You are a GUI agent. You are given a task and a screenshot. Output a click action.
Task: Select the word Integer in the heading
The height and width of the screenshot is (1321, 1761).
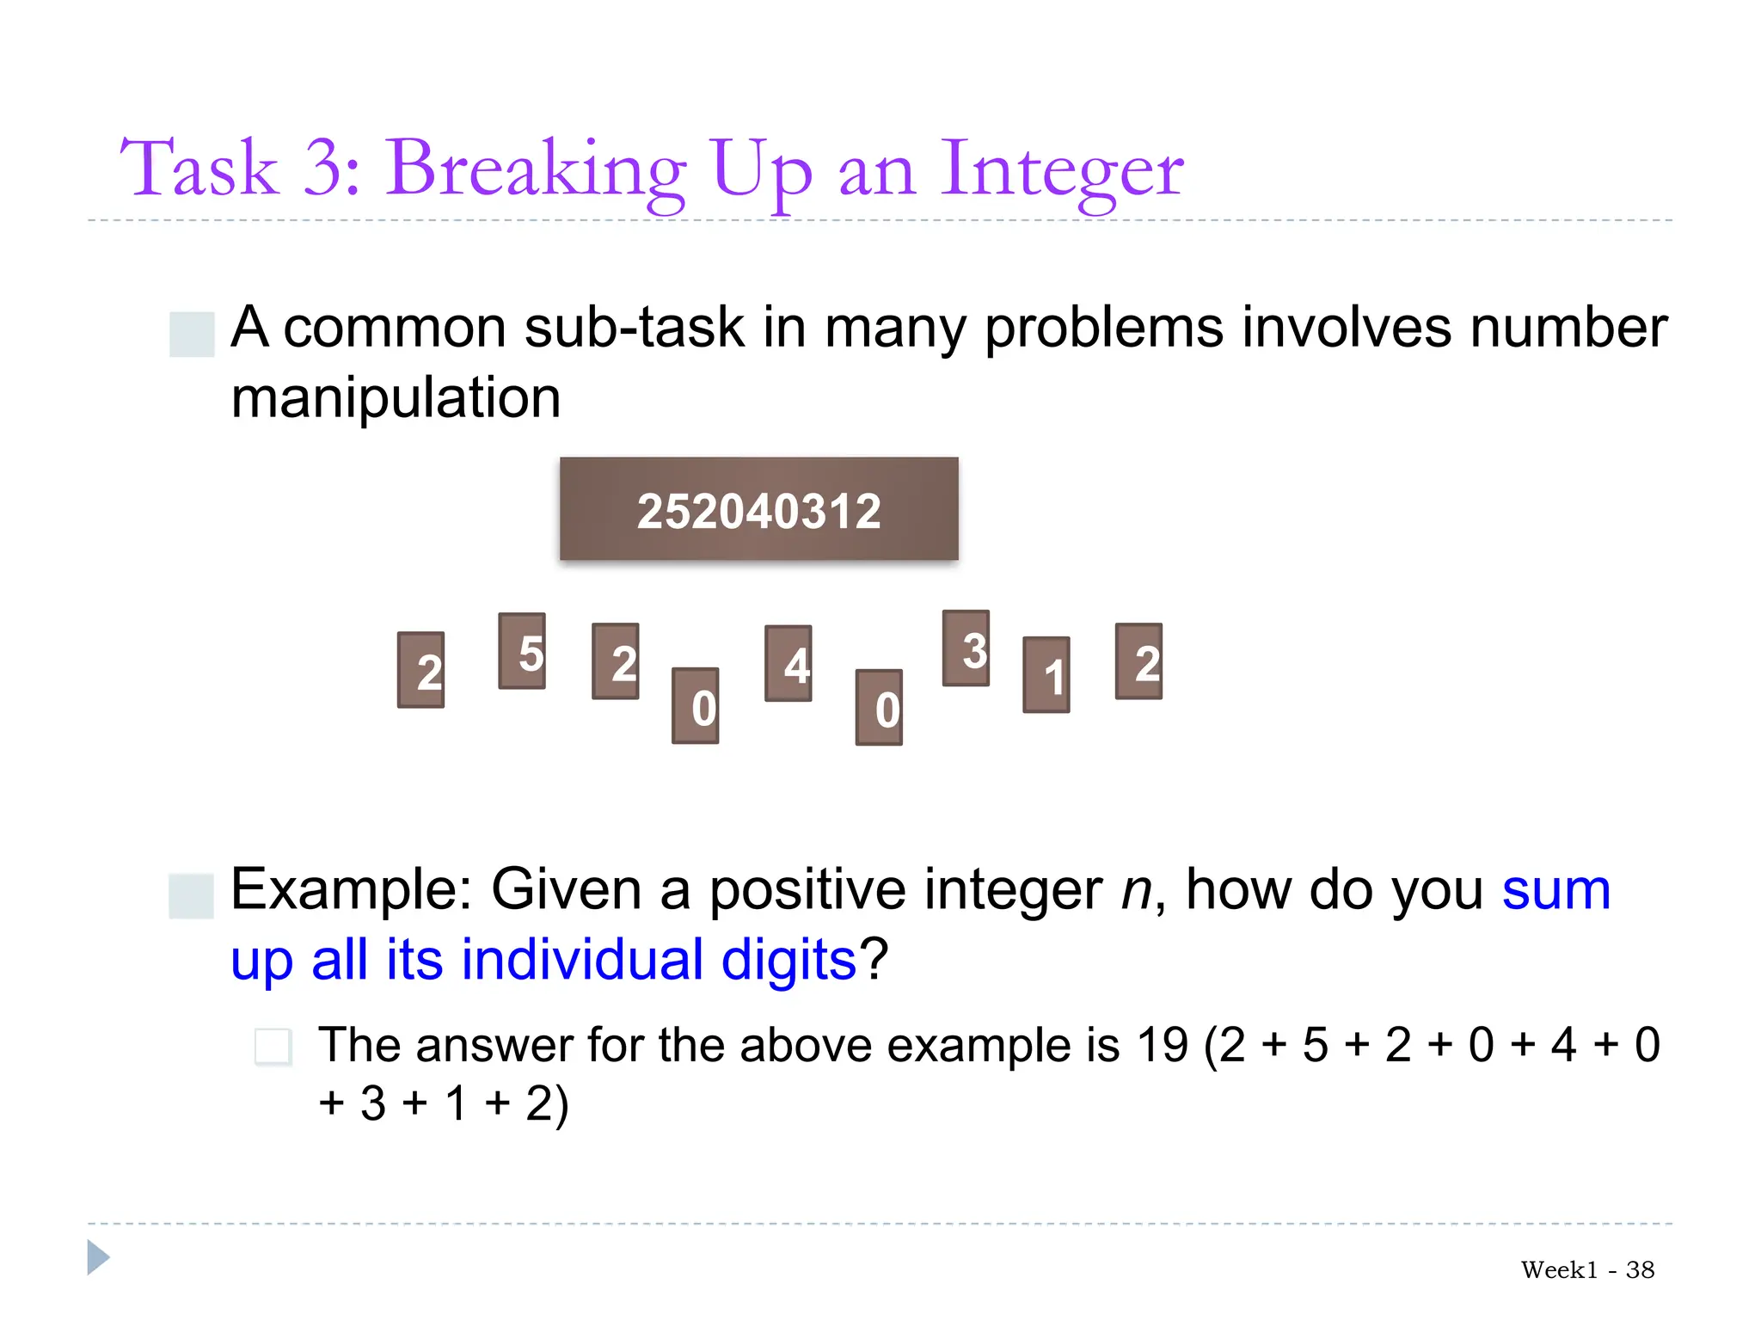tap(1061, 170)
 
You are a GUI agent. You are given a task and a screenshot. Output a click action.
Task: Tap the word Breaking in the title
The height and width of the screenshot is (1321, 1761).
tap(535, 170)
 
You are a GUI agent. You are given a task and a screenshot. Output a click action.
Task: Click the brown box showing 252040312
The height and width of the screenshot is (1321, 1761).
tap(758, 509)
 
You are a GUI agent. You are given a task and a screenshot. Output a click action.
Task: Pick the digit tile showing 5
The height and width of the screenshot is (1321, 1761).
tap(522, 651)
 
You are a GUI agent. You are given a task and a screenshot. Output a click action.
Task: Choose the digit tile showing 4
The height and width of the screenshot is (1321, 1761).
tap(788, 663)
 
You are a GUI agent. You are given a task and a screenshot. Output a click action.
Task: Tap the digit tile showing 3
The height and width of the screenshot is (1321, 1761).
tap(966, 648)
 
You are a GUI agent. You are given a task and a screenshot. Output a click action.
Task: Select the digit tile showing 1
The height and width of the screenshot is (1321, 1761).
tap(1046, 675)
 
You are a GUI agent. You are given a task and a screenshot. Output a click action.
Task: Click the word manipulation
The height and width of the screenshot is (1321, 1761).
tap(396, 398)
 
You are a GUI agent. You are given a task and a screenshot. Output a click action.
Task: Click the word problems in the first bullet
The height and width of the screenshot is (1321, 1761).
tap(1103, 328)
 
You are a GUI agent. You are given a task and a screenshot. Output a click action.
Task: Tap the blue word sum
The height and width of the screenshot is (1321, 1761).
tap(1555, 890)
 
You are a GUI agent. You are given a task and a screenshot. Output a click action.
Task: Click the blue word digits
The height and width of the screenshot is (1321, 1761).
tap(788, 961)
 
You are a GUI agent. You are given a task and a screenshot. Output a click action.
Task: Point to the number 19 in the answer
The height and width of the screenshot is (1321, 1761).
tap(1162, 1046)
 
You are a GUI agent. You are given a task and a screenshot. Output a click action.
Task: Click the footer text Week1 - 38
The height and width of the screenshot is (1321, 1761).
tap(1587, 1269)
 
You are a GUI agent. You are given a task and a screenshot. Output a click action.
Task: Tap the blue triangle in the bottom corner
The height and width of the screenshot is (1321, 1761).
tap(98, 1257)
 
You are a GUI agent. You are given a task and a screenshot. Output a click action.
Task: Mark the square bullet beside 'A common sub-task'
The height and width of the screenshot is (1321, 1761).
tap(192, 334)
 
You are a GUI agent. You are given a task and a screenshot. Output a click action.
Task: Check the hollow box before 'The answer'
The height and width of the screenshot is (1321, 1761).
tap(273, 1047)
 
